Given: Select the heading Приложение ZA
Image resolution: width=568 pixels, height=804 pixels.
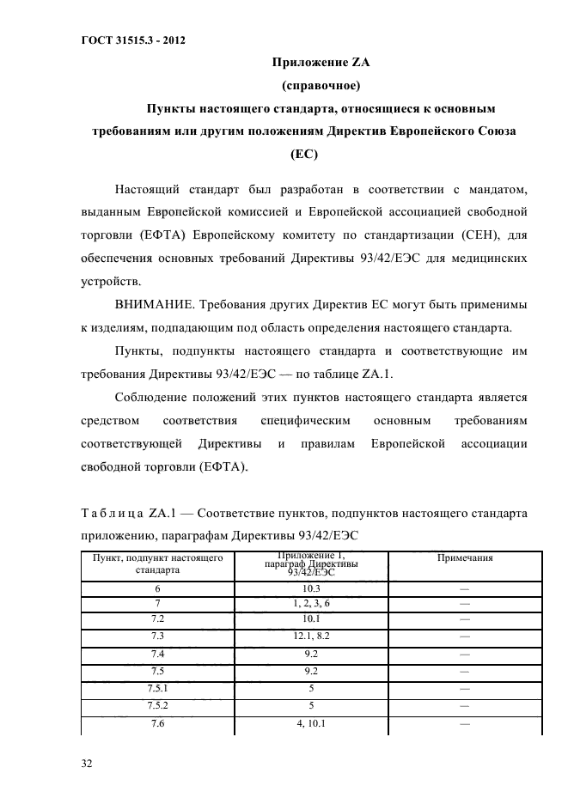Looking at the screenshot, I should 320,63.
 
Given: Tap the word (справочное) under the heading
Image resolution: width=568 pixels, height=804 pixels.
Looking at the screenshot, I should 320,86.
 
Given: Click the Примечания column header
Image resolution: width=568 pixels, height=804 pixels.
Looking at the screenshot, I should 465,557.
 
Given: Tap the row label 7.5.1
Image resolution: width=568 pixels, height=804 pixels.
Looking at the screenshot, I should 157,687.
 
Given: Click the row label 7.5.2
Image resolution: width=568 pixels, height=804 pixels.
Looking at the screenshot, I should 157,705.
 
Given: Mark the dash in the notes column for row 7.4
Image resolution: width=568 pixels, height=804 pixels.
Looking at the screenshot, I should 465,654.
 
